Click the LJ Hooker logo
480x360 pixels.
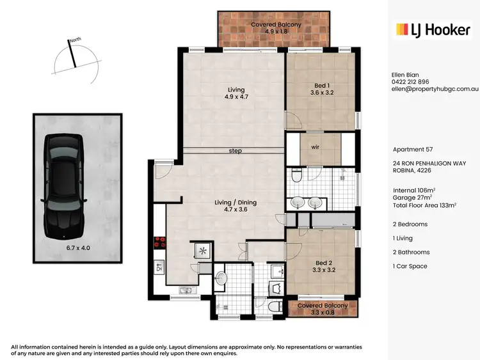432,29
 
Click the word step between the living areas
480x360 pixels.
235,151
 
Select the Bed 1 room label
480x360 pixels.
321,88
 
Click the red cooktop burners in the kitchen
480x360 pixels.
159,244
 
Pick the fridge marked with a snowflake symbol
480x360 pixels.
203,250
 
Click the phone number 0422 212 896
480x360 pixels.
410,82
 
